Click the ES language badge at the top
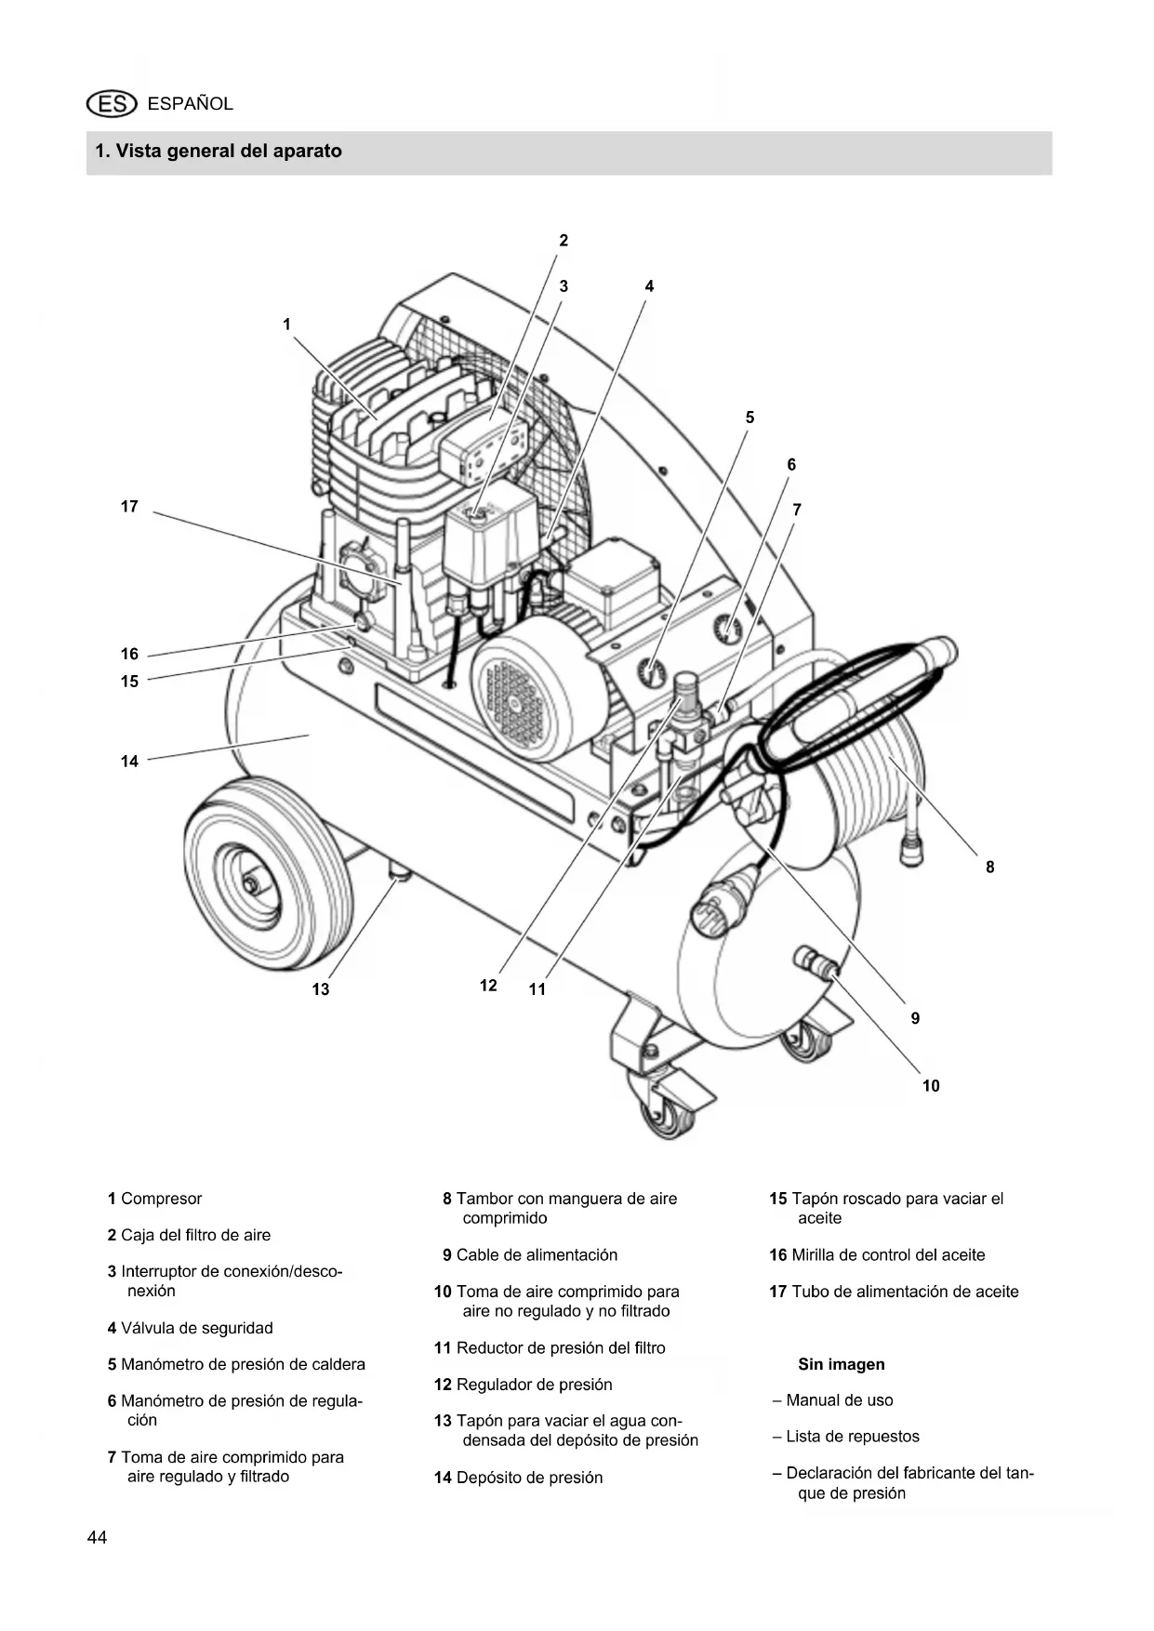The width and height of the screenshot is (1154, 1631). pyautogui.click(x=111, y=104)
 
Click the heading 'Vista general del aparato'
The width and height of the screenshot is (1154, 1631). pyautogui.click(x=229, y=151)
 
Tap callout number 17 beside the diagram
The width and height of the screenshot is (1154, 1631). pyautogui.click(x=129, y=507)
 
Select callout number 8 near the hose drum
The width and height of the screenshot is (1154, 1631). pyautogui.click(x=989, y=867)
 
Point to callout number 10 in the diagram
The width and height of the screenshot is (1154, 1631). pyautogui.click(x=931, y=1085)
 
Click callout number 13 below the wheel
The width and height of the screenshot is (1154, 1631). pyautogui.click(x=321, y=989)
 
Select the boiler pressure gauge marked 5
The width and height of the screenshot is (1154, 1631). pyautogui.click(x=651, y=671)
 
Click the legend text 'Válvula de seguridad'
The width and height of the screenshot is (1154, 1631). pyautogui.click(x=197, y=1328)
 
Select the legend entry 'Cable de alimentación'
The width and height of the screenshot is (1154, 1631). pyautogui.click(x=537, y=1255)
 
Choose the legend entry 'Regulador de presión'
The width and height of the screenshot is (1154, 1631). pyautogui.click(x=535, y=1385)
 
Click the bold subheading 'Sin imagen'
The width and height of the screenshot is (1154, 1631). pyautogui.click(x=842, y=1364)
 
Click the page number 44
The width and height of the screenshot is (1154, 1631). pyautogui.click(x=97, y=1538)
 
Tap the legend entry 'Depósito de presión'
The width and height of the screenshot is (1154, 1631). pyautogui.click(x=529, y=1478)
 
